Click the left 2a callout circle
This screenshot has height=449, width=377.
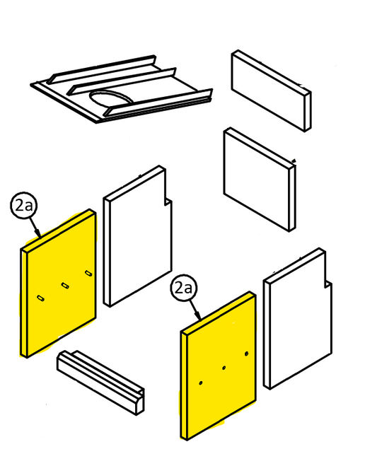24,206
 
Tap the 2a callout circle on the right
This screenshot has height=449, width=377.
184,288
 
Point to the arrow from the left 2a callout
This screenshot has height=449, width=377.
35,228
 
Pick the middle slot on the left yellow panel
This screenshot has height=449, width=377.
65,286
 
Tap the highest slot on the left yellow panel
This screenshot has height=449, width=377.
89,273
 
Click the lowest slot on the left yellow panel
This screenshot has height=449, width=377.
41,298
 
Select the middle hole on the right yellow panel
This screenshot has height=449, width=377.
224,368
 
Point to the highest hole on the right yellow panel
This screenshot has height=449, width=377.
247,354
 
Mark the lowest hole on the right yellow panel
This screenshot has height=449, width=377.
201,383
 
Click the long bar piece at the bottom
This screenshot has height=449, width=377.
101,383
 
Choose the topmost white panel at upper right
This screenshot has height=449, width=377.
272,91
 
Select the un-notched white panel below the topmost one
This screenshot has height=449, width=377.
260,180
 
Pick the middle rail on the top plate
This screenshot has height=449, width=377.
122,81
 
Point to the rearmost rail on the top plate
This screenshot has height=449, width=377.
102,69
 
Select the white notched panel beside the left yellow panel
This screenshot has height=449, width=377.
138,236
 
